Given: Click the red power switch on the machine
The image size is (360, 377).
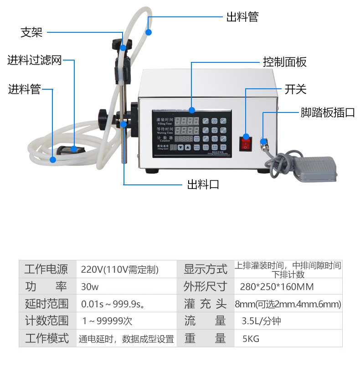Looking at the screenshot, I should [246, 143].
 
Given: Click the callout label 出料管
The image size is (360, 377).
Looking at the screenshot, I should [242, 17].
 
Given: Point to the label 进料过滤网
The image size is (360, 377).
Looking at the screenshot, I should [34, 60].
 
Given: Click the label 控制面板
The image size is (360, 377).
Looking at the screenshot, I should [284, 62].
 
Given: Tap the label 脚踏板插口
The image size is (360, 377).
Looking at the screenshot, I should [327, 112].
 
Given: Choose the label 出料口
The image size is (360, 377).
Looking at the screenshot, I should [203, 184].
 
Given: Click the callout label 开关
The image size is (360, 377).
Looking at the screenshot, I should [295, 89].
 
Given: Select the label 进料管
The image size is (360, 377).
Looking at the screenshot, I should [24, 89].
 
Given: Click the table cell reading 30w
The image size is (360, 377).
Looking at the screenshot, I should [90, 287].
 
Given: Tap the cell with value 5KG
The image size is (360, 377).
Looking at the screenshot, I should [251, 339].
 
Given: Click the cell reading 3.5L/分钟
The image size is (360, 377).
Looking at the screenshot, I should [261, 321].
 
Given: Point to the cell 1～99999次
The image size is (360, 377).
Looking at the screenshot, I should [107, 321].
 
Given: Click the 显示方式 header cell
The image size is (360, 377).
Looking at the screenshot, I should [205, 269].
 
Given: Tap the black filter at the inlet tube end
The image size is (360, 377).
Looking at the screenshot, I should [68, 149].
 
